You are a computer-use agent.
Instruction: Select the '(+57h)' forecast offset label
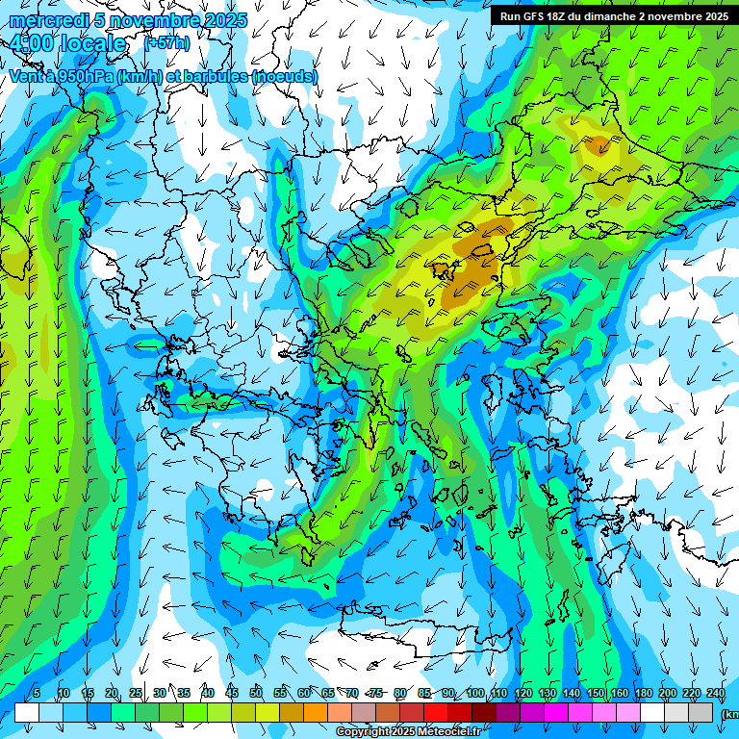[x=166, y=43]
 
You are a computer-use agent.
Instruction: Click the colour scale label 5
[x=36, y=693]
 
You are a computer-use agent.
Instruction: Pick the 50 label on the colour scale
[x=256, y=693]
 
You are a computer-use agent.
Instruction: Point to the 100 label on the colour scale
[x=475, y=693]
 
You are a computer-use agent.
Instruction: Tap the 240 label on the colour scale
[x=716, y=693]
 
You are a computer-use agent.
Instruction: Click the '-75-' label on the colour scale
[x=376, y=693]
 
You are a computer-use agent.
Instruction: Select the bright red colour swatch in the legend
[x=436, y=712]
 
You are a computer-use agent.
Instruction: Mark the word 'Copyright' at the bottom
[x=364, y=732]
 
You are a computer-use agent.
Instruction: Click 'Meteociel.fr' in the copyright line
[x=449, y=732]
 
